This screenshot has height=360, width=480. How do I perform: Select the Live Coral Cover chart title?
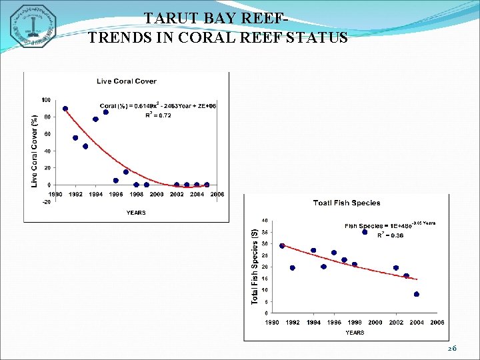point(127,81)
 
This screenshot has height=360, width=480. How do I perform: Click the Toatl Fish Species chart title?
point(347,203)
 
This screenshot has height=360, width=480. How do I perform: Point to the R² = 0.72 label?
point(158,115)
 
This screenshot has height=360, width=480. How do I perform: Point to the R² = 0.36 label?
point(389,235)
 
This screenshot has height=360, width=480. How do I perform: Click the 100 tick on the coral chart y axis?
point(46,100)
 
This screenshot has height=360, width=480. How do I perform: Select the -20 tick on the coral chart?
point(46,201)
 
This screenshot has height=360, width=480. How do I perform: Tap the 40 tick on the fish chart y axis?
point(265,221)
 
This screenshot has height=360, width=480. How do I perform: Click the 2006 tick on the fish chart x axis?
point(437,322)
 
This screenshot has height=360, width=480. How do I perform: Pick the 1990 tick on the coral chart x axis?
point(55,194)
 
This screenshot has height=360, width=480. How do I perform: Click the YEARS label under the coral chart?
point(136,213)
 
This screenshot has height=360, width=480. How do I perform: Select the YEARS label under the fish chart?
point(355,332)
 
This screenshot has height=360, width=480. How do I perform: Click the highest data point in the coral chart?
point(65,109)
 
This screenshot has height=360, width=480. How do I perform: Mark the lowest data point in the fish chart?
point(417,294)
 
